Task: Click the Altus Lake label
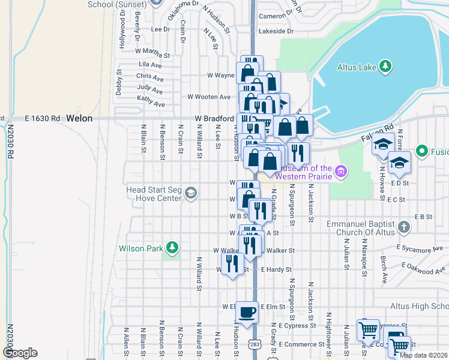pos(357,68)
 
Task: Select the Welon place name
pos(80,118)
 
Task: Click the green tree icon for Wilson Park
pos(173,248)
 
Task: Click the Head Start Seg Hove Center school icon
pos(190,193)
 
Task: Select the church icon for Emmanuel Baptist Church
pos(404,227)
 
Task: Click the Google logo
pos(20,353)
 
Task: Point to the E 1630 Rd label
pos(43,118)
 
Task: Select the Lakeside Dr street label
pos(276,31)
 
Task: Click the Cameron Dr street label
pos(275,16)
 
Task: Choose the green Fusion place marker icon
pos(421,151)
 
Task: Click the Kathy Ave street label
pos(150,101)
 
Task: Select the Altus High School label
pos(419,306)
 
